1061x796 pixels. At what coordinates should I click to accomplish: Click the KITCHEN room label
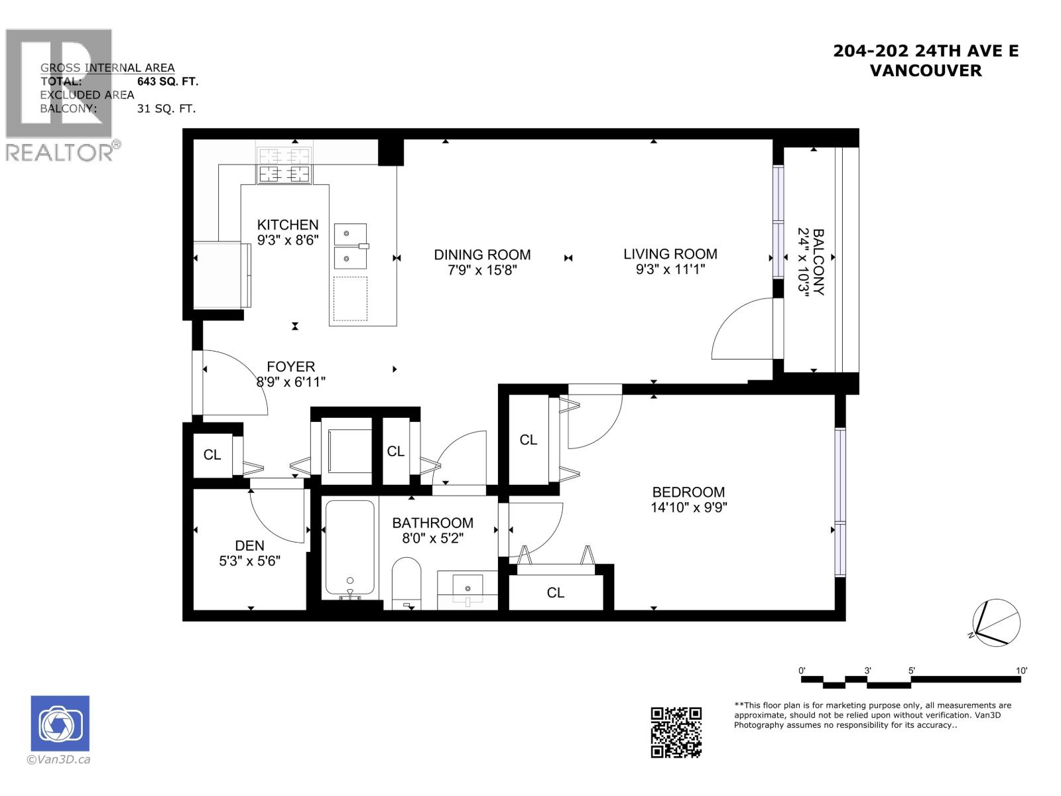coord(288,225)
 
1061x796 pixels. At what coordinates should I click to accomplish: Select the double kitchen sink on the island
coord(350,246)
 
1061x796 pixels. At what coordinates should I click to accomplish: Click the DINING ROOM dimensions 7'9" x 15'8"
coord(482,270)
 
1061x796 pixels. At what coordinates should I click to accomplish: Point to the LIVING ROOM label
coord(670,254)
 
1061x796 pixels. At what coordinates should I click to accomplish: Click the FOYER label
coord(290,367)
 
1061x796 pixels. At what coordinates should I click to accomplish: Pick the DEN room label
coord(249,545)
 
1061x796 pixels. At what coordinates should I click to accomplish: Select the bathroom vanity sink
coord(468,588)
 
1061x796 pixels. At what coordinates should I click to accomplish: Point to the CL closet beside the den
coord(212,455)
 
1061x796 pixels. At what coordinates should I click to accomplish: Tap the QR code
coord(676,732)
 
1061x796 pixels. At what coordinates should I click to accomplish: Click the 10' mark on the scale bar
coord(1021,671)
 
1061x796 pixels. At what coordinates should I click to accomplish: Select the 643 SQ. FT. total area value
coord(167,82)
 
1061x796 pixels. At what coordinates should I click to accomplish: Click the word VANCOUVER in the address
coord(925,70)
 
